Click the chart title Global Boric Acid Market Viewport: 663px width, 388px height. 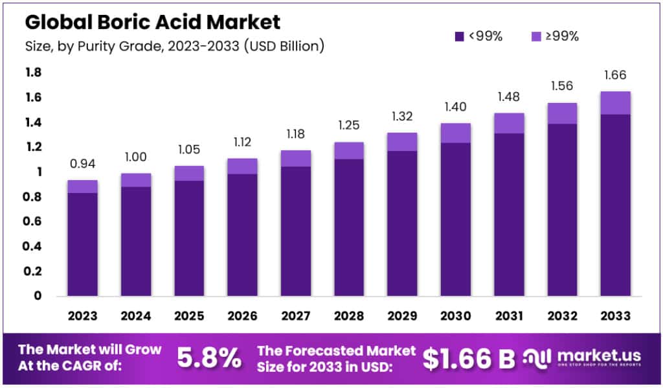(152, 22)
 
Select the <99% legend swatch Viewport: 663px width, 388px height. (459, 36)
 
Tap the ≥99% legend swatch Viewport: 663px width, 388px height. (535, 36)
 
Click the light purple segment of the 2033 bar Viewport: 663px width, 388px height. (614, 103)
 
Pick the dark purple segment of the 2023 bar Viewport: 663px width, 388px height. (82, 244)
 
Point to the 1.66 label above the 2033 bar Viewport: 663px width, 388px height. (614, 76)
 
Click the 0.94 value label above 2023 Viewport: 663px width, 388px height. (82, 165)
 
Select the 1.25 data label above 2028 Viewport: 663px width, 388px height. (348, 126)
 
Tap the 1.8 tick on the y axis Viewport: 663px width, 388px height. (33, 73)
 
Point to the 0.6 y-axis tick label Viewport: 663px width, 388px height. (33, 222)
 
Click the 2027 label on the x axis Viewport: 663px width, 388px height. (295, 315)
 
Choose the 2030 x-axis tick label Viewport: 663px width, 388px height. (455, 315)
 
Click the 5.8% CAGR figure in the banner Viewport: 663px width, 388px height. (209, 358)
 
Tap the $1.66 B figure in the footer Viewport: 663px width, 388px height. (469, 358)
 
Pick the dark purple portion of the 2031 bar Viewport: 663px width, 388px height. (508, 214)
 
